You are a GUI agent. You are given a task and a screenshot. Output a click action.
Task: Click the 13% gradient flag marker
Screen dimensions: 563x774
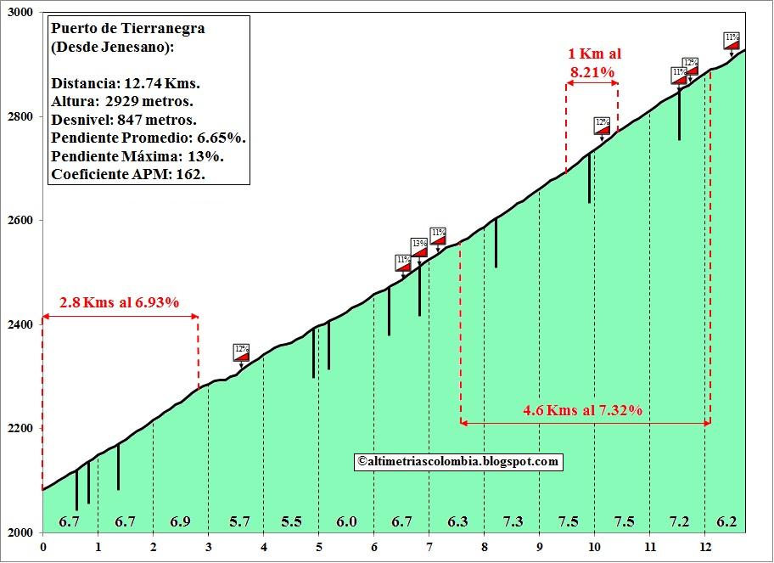tap(419, 248)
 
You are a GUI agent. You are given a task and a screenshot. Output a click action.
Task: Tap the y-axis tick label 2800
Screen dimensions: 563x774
tap(20, 117)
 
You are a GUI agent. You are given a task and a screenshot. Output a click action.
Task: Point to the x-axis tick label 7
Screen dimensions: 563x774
tap(429, 548)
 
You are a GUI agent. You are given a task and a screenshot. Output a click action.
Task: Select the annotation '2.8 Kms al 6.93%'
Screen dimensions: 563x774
tap(120, 302)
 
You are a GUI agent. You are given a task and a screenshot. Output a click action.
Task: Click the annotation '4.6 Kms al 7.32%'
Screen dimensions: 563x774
tap(582, 410)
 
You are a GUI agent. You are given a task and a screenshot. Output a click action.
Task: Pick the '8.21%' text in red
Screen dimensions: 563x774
tap(592, 73)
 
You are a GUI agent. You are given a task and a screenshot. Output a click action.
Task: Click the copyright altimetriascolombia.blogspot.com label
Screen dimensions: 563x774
tap(458, 461)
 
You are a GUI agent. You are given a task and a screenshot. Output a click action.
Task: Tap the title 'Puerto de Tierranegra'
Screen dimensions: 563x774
tap(128, 28)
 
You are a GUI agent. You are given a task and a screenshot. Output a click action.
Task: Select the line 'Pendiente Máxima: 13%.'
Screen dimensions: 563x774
tap(137, 156)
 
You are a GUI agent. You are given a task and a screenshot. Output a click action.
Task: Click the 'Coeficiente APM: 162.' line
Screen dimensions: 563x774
tap(128, 175)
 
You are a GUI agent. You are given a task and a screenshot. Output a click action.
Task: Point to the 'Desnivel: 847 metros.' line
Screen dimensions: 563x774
tap(124, 120)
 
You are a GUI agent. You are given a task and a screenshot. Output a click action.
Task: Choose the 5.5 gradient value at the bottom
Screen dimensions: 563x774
tap(291, 521)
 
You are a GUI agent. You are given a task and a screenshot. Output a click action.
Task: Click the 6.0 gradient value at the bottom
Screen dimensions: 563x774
tap(346, 521)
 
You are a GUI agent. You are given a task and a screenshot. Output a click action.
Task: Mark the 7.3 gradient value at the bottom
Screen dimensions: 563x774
tap(512, 521)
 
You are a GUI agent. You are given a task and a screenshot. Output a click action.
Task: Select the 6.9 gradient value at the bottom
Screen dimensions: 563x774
tap(180, 521)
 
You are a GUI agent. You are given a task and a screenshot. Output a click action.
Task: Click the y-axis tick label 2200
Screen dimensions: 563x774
tap(20, 429)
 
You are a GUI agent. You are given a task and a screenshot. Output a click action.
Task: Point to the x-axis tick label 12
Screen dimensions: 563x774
tap(704, 548)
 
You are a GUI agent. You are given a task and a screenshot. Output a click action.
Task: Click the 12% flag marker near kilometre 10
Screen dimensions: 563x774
tap(603, 127)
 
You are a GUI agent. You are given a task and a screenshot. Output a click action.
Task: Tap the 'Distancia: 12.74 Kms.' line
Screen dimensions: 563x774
tap(126, 83)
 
